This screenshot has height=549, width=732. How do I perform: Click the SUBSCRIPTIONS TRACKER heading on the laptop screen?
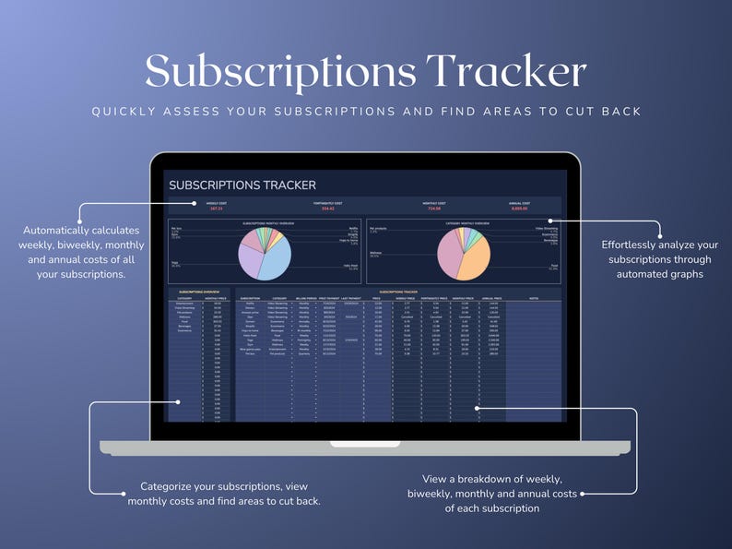[242, 185]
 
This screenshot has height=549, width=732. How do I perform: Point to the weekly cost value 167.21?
[217, 209]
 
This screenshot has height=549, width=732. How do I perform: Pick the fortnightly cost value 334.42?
[327, 209]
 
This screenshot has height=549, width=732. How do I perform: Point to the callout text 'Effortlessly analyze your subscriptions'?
[659, 259]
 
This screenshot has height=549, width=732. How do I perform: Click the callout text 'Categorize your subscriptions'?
[224, 493]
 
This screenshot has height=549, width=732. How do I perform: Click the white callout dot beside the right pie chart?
[549, 221]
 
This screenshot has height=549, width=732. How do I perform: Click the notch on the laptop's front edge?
[366, 444]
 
